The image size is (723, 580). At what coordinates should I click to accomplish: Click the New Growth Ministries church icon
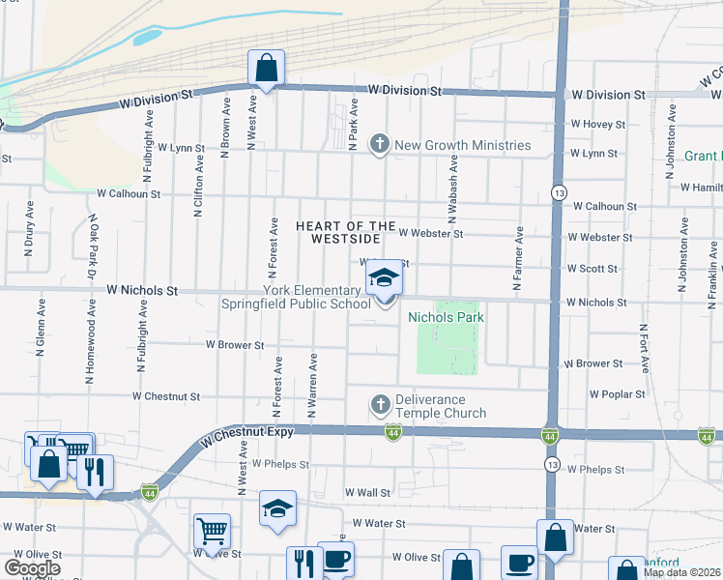point(380,145)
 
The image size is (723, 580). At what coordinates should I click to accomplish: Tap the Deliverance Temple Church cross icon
point(380,402)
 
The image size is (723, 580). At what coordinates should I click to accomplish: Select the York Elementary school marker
point(384,278)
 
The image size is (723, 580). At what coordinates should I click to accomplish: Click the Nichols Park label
point(446,317)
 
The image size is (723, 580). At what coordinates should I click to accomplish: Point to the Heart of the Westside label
point(345,232)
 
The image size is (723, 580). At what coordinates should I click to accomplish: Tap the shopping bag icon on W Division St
point(266,69)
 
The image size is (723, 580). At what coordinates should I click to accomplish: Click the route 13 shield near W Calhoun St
point(559,193)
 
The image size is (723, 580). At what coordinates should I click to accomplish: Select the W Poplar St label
point(617,394)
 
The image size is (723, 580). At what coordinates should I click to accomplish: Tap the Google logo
point(32,568)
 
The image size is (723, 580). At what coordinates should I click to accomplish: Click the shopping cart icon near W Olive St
point(212,531)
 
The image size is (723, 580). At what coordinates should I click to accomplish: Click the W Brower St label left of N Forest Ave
point(234,344)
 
